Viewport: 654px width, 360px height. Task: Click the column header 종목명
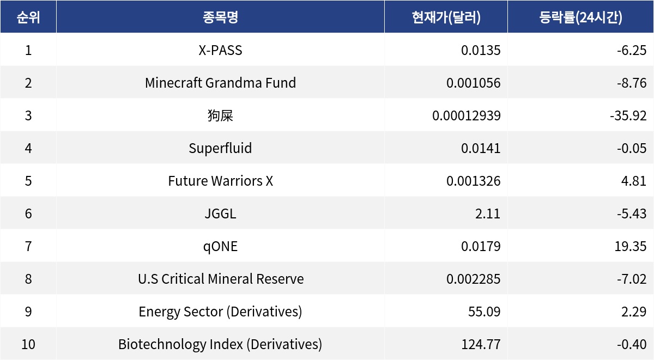(x=220, y=17)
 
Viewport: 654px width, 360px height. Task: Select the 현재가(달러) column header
(x=446, y=17)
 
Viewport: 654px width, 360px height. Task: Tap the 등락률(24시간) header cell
(x=580, y=17)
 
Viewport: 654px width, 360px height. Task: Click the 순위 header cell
(x=28, y=17)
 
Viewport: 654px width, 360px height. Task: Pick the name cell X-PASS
(x=220, y=50)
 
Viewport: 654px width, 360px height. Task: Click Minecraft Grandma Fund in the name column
(x=220, y=83)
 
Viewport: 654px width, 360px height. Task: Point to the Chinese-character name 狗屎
(x=220, y=115)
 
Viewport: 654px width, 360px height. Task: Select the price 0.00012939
(x=466, y=115)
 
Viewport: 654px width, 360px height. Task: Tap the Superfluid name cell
(x=220, y=148)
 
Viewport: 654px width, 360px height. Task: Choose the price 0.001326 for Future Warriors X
(x=473, y=181)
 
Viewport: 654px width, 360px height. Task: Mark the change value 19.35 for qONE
(x=630, y=246)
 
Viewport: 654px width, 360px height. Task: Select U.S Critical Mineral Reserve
(x=220, y=279)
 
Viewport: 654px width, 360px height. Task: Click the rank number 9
(x=28, y=312)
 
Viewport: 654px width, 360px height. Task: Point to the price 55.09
(x=484, y=312)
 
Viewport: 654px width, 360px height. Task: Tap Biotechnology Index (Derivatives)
(x=220, y=344)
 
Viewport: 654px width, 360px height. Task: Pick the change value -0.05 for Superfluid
(x=632, y=148)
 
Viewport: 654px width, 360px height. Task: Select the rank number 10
(x=28, y=344)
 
